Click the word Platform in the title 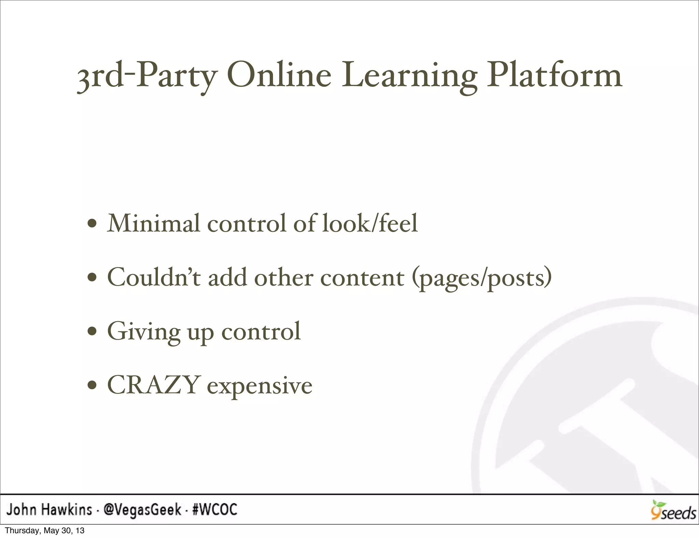pyautogui.click(x=554, y=76)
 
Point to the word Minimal pyautogui.click(x=153, y=223)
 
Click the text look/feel pyautogui.click(x=370, y=223)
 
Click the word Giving pyautogui.click(x=144, y=331)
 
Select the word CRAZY pyautogui.click(x=153, y=385)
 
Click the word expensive pyautogui.click(x=260, y=387)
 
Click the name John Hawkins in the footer pyautogui.click(x=49, y=510)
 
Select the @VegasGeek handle pyautogui.click(x=142, y=510)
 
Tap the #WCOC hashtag pyautogui.click(x=215, y=510)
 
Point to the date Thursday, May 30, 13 pyautogui.click(x=45, y=531)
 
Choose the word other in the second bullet pyautogui.click(x=283, y=277)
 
